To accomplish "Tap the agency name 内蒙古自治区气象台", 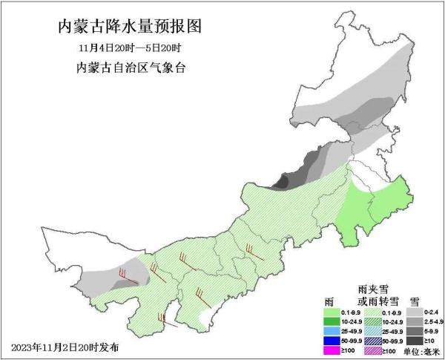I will pyautogui.click(x=131, y=68).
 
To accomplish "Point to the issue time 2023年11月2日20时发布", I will pyautogui.click(x=65, y=347).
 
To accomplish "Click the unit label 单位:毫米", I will pyautogui.click(x=421, y=350).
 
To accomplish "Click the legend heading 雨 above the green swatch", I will pyautogui.click(x=329, y=301).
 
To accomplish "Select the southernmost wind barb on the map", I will pyautogui.click(x=164, y=319).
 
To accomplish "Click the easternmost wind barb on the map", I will pyautogui.click(x=254, y=252).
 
